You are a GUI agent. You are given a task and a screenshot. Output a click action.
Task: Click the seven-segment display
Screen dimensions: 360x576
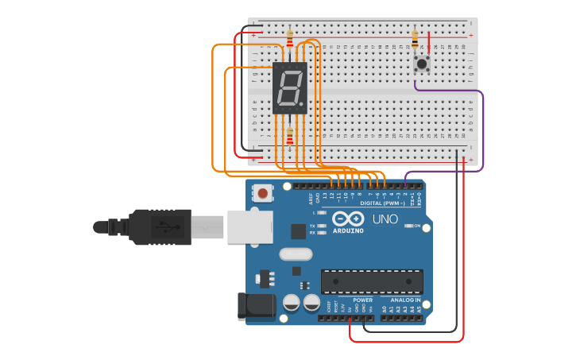coord(289,87)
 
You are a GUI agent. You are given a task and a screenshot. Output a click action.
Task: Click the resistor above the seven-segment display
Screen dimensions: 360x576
coord(290,37)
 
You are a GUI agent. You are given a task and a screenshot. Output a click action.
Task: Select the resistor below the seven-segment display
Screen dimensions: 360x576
coord(290,136)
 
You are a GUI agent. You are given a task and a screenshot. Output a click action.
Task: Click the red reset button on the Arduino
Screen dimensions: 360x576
coord(263,192)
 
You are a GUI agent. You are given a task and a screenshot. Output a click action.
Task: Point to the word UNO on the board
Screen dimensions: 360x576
coord(385,219)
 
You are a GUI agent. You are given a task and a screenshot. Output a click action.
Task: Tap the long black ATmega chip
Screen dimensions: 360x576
coord(372,281)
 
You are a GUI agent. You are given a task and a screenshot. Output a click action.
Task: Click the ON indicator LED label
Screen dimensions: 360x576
coord(417,226)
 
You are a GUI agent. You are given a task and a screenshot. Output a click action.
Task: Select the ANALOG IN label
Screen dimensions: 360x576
coord(405,300)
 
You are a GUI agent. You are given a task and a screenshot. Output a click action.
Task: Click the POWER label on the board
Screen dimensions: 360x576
coord(362,300)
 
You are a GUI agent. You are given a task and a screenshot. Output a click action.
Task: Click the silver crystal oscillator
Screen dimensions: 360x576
coord(296,255)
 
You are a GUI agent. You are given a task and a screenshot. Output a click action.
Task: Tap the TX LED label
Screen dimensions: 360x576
coord(312,226)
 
